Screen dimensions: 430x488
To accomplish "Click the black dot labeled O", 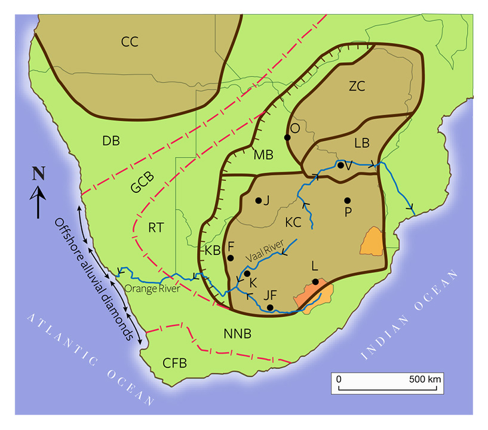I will (x=287, y=137).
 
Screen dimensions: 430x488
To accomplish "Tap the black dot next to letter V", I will (x=340, y=165).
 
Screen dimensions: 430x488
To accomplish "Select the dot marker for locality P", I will (x=347, y=200).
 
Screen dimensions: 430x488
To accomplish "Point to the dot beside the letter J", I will (x=258, y=201).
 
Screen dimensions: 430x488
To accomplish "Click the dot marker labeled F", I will (x=231, y=258).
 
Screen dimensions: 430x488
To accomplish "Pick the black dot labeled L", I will (x=315, y=282).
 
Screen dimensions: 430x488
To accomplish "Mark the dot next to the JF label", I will (x=271, y=308).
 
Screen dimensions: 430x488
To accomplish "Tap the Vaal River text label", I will (x=274, y=247).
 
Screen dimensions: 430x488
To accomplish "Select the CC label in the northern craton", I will (x=130, y=42).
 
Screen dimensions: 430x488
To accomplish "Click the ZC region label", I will (x=357, y=86).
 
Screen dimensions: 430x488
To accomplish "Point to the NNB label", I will (x=238, y=334).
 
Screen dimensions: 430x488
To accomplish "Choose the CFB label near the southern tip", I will (x=175, y=363).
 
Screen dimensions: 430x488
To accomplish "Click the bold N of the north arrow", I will (x=38, y=174).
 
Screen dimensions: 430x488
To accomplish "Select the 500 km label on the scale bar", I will (x=425, y=379).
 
